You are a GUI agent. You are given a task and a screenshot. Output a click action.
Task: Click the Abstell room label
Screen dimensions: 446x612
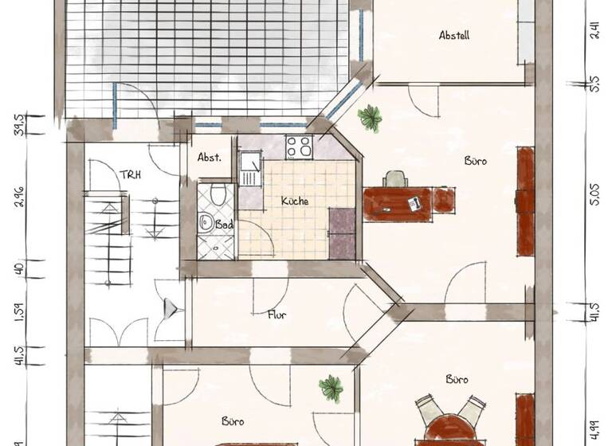pos(453,35)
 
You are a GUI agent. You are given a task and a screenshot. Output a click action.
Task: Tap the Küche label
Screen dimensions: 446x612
pos(294,201)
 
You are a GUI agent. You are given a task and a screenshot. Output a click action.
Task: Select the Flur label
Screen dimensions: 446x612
pos(277,315)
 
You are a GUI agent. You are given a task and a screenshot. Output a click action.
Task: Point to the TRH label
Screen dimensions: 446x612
pos(130,175)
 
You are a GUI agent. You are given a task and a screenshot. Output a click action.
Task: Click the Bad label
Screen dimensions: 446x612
pos(226,225)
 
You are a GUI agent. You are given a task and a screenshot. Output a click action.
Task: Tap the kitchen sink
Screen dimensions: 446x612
pos(250,170)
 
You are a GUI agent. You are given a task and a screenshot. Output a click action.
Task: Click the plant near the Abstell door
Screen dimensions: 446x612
pos(370,119)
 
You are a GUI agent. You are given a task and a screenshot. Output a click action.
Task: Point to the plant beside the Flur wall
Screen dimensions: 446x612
pos(331,389)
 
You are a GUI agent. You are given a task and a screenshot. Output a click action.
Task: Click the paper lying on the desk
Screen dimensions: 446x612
pos(415,204)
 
